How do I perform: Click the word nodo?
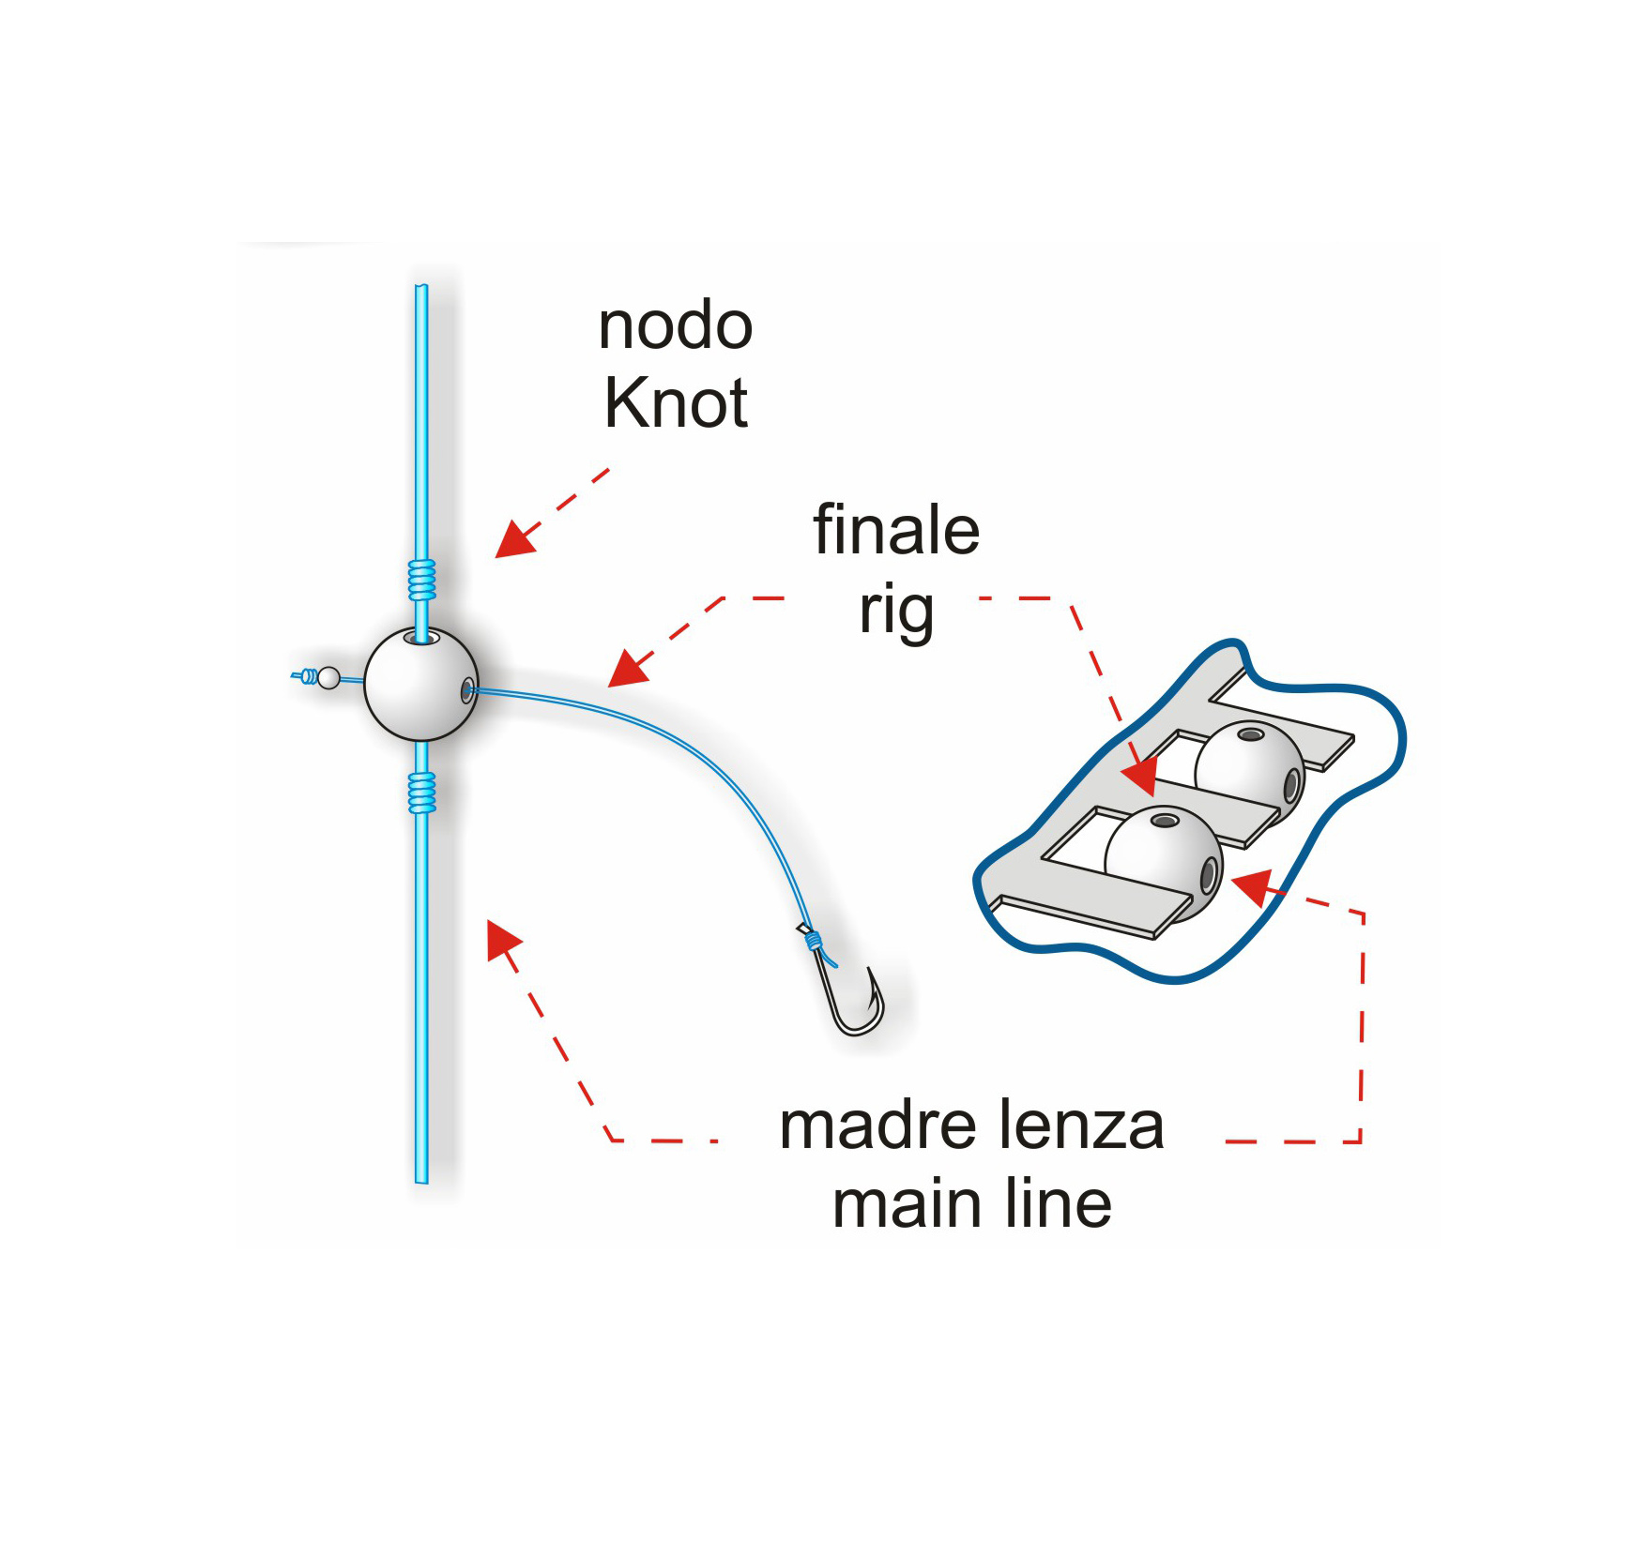pyautogui.click(x=675, y=326)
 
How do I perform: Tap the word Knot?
pyautogui.click(x=675, y=403)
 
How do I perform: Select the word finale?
pyautogui.click(x=895, y=531)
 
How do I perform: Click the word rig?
pyautogui.click(x=895, y=612)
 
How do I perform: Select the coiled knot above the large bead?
pyautogui.click(x=422, y=580)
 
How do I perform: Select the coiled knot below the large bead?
pyautogui.click(x=422, y=792)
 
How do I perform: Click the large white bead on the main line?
pyautogui.click(x=420, y=685)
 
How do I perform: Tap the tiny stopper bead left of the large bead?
pyautogui.click(x=328, y=677)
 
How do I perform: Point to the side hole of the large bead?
pyautogui.click(x=466, y=692)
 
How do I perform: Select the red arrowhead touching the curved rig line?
pyautogui.click(x=627, y=669)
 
